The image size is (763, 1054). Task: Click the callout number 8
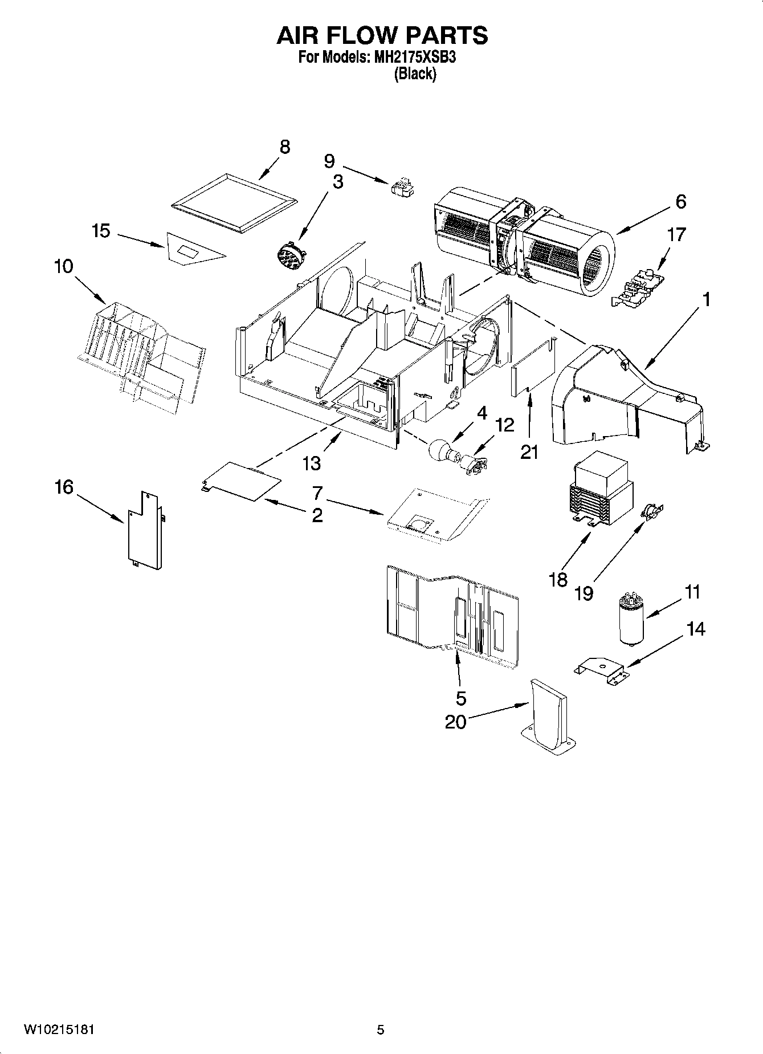[x=284, y=147]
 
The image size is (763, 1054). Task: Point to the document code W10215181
[x=59, y=1029]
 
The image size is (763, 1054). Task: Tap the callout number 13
[x=311, y=463]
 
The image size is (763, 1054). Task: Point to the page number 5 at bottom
[x=380, y=1029]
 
